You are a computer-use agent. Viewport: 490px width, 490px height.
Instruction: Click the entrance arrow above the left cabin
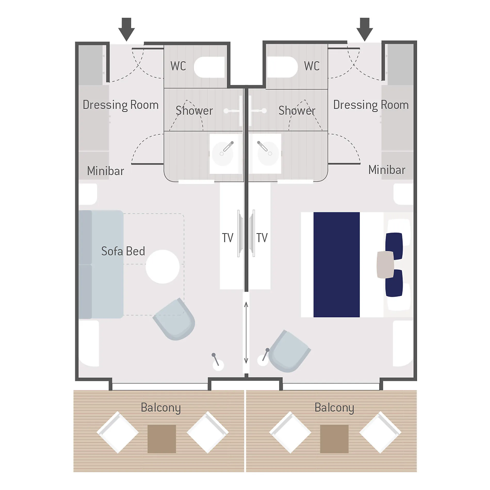(x=126, y=29)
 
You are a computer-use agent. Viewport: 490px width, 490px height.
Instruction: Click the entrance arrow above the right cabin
(x=364, y=29)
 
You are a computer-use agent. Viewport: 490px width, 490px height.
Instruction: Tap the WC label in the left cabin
(x=178, y=66)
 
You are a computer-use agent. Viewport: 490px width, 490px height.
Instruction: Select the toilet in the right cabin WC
(x=282, y=67)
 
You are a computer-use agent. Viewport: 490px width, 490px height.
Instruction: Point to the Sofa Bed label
(x=123, y=251)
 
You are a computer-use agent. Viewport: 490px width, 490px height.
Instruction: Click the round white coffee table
(x=162, y=267)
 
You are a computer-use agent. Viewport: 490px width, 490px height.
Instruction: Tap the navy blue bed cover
(x=336, y=264)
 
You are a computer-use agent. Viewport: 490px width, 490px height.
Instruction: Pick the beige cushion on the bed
(x=385, y=265)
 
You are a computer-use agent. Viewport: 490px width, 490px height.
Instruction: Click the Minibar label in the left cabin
(x=105, y=171)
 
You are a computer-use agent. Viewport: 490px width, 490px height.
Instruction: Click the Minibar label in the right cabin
(x=387, y=170)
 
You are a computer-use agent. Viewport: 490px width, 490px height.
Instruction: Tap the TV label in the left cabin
(x=227, y=238)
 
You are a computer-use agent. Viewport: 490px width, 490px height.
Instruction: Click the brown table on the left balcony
(x=162, y=439)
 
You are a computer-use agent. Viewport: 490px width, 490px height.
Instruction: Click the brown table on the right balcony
(x=334, y=439)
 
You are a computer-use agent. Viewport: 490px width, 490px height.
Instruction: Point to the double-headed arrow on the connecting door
(x=246, y=333)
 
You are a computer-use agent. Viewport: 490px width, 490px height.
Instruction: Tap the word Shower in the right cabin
(x=297, y=110)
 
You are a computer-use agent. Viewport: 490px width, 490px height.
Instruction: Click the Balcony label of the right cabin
(x=334, y=408)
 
